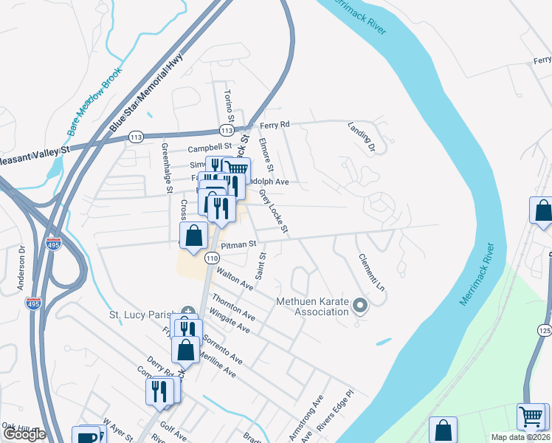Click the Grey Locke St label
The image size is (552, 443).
coord(272,211)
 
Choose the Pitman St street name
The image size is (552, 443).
coord(241,243)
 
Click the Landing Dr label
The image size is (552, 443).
coord(362,138)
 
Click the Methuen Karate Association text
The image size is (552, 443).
coord(311,306)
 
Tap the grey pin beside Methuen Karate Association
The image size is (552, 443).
coord(360,305)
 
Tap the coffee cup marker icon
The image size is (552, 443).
coord(87,436)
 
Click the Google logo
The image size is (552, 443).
coord(24,434)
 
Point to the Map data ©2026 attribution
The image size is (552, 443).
coord(521,437)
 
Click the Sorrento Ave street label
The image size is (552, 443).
coord(223,349)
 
